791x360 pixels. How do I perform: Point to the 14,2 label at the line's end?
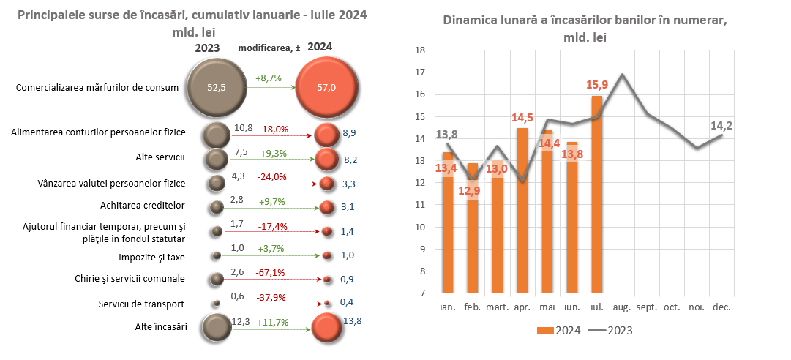(722, 126)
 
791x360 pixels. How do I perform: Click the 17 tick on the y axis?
(420, 72)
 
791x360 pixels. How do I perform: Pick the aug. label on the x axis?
(622, 307)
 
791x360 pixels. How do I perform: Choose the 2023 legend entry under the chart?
(611, 331)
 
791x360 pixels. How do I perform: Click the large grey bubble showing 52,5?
(217, 88)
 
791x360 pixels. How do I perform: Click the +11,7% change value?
(271, 322)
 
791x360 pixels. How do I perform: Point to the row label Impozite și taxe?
(152, 258)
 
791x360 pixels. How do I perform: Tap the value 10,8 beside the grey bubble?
(243, 129)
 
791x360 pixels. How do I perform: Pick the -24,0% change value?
(271, 176)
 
